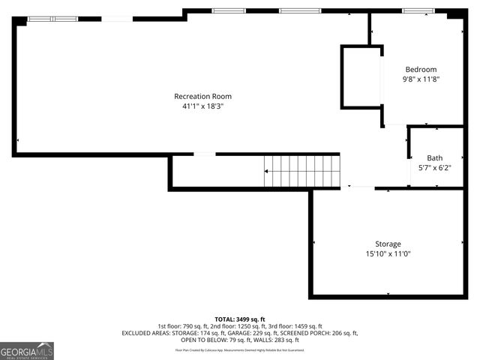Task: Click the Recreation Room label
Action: tap(202, 96)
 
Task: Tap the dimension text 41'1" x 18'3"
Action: tap(202, 106)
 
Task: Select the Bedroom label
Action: tap(421, 70)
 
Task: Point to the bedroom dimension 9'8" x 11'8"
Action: tap(421, 79)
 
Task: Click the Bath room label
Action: tap(435, 157)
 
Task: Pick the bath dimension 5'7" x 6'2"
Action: tap(435, 167)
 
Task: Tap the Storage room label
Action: tap(388, 244)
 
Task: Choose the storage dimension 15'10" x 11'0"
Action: tap(388, 253)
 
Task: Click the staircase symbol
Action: tap(301, 171)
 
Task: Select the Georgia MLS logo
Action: tap(27, 350)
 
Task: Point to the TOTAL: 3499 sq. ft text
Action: tap(240, 319)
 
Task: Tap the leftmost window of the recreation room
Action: tap(52, 19)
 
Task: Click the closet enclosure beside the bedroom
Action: tap(361, 77)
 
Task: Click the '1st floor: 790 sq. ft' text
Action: tap(182, 326)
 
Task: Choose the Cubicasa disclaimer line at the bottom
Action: tap(240, 349)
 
